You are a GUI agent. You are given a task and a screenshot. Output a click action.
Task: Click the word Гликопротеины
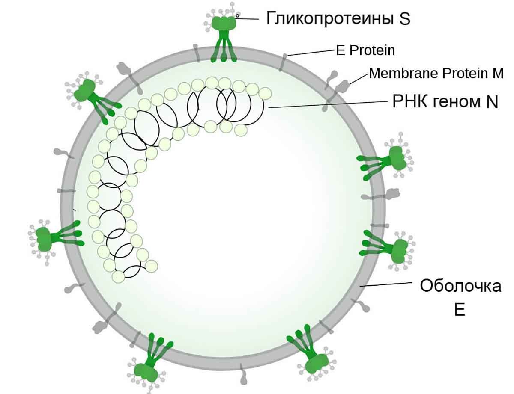[327, 18]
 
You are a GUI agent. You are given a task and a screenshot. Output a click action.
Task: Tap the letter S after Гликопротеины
[405, 19]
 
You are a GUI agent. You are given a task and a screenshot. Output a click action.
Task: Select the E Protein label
[365, 50]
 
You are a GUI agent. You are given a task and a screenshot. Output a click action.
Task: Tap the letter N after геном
[491, 103]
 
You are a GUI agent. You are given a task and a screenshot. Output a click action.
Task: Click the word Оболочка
[460, 285]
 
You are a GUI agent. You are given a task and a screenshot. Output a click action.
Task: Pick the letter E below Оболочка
[460, 309]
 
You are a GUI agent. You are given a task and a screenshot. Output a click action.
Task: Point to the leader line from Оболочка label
[385, 284]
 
